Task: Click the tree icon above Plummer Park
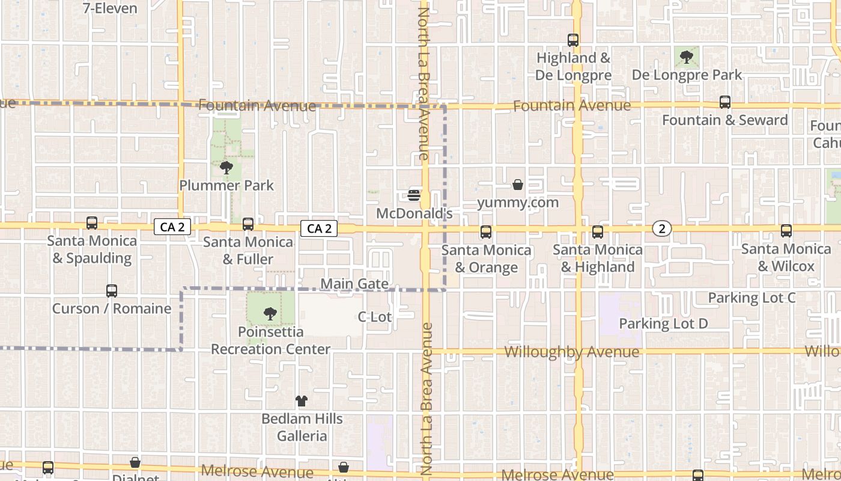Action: (226, 168)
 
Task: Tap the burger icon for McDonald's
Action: (414, 195)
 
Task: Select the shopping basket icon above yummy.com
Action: (518, 185)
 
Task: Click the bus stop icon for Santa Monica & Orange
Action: (486, 231)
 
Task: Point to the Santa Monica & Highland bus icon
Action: (598, 231)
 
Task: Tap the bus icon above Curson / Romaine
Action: (112, 291)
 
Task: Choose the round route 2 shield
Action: (662, 228)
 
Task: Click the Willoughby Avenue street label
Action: (572, 352)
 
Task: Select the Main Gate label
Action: (354, 284)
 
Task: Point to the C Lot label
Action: (375, 316)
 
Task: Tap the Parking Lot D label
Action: (664, 323)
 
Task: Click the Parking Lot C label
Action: (751, 298)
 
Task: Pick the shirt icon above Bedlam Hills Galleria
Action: (302, 401)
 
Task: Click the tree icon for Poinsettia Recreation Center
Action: (270, 313)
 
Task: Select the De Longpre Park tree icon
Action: (686, 58)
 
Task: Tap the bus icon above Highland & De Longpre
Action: (573, 40)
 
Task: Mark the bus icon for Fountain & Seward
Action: (725, 102)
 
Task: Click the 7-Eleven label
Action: (110, 8)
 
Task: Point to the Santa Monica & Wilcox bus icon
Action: (786, 231)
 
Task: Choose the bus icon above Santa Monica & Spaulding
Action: (92, 223)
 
